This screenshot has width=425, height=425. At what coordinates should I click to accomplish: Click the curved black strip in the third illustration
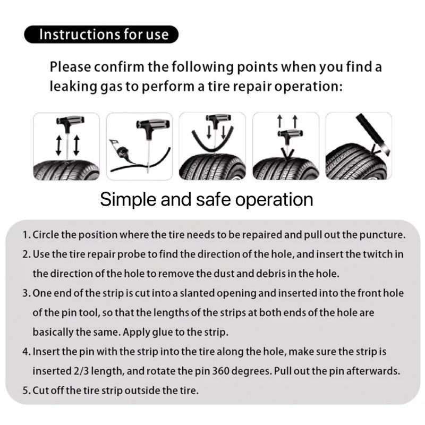[212, 142]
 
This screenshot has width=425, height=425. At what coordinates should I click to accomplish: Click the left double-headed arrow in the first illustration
[58, 145]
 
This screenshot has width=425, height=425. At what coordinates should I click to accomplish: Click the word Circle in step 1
[46, 235]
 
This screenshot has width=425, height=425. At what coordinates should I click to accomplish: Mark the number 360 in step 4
[220, 371]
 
